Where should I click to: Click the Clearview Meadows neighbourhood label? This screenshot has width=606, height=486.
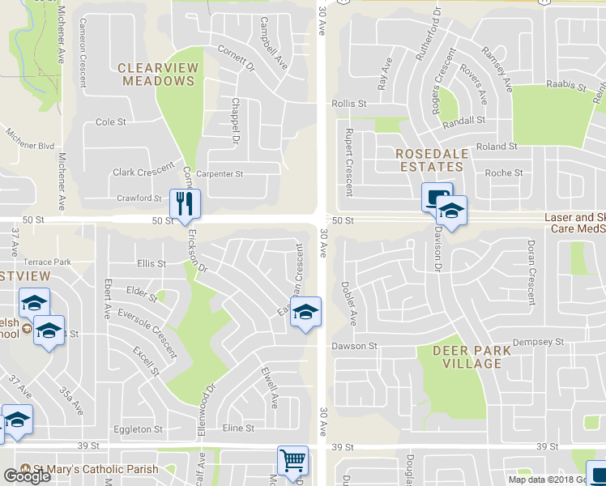pyautogui.click(x=157, y=74)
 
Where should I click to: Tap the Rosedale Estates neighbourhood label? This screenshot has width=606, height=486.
pyautogui.click(x=429, y=160)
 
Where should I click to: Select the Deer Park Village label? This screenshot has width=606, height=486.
pyautogui.click(x=471, y=357)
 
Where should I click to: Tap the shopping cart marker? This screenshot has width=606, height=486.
pyautogui.click(x=292, y=461)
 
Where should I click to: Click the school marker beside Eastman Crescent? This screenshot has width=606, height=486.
pyautogui.click(x=305, y=313)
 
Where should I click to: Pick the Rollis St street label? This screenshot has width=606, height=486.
pyautogui.click(x=349, y=104)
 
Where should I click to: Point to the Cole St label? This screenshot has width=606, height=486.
pyautogui.click(x=111, y=122)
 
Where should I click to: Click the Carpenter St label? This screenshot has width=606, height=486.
pyautogui.click(x=221, y=173)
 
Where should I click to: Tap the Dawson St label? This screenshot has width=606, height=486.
pyautogui.click(x=354, y=346)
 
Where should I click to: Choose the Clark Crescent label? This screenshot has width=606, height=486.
pyautogui.click(x=143, y=170)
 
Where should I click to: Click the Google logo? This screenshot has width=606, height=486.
pyautogui.click(x=27, y=476)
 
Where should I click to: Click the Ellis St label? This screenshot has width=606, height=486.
pyautogui.click(x=151, y=263)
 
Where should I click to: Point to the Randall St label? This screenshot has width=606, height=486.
pyautogui.click(x=463, y=120)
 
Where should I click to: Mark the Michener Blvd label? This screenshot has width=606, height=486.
pyautogui.click(x=30, y=140)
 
